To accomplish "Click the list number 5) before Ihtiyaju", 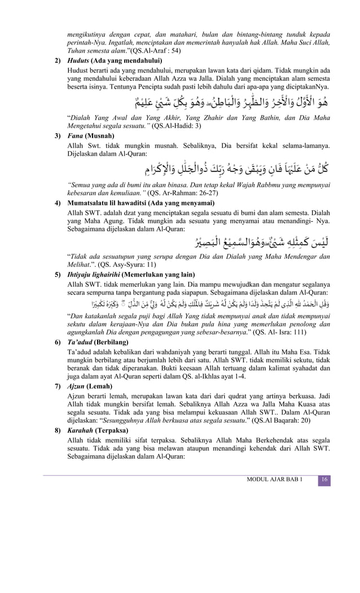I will pos(58,275).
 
